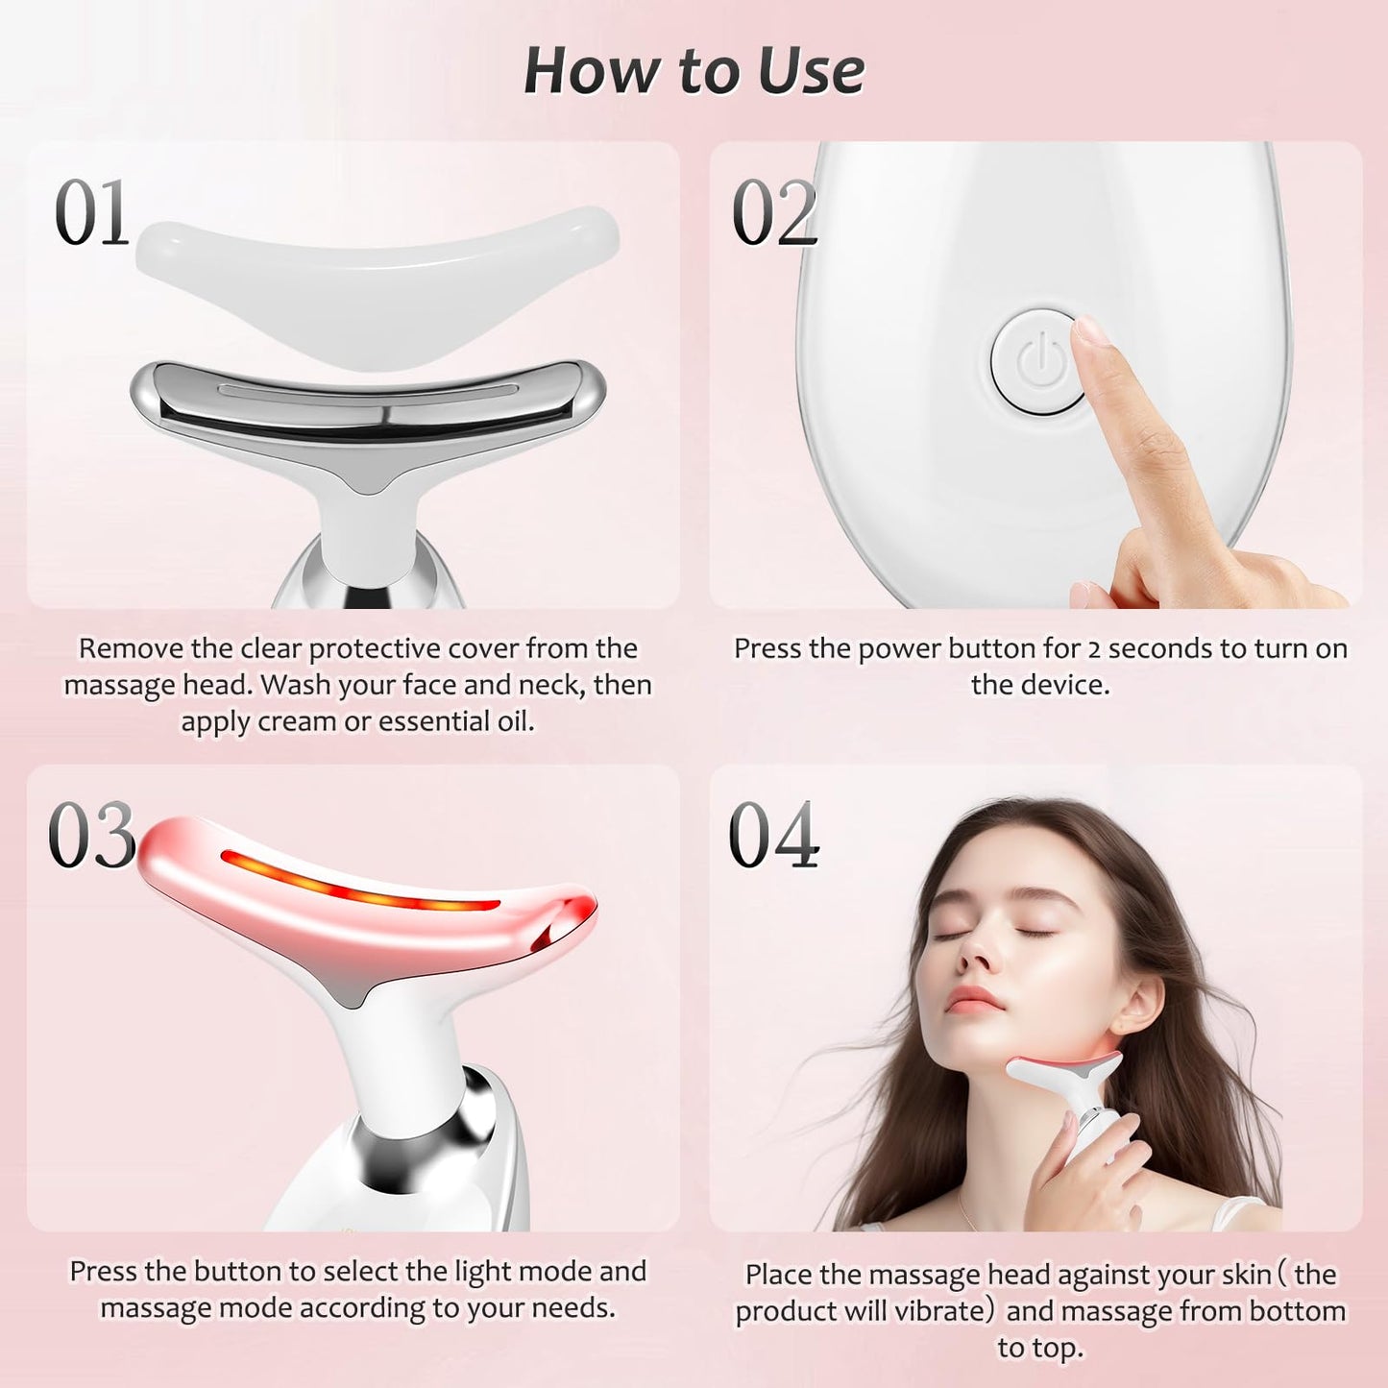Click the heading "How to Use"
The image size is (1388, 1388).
coord(694,71)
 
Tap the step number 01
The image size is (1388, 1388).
coord(91,213)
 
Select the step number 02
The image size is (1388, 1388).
coord(774,212)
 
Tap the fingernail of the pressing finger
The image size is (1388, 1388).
coord(1089,330)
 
